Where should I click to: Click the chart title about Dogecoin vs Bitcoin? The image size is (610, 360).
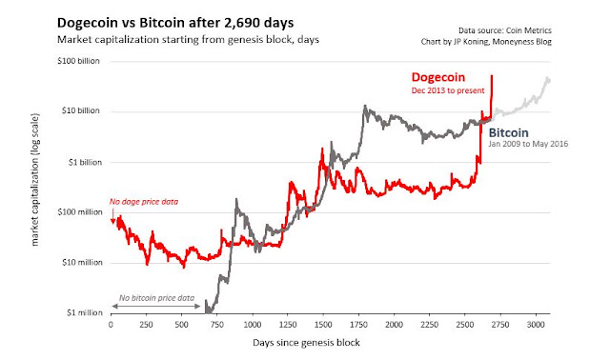[175, 23]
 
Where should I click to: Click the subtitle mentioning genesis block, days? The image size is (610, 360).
[188, 40]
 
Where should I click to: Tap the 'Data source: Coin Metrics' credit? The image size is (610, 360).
[504, 30]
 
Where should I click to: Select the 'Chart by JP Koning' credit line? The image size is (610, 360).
[486, 42]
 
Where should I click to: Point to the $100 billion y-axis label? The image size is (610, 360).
[78, 61]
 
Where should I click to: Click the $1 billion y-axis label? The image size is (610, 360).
[85, 163]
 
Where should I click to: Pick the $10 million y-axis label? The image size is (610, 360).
[82, 263]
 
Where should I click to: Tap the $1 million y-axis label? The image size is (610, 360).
[85, 312]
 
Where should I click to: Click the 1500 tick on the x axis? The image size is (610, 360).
[323, 325]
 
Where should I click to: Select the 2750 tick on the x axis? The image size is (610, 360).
[499, 325]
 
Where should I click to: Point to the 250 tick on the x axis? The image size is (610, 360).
[146, 325]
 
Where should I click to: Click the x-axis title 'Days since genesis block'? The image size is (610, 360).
[306, 343]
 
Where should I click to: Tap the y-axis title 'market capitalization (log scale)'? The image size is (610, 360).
[35, 180]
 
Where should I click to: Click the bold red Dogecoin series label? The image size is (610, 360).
[438, 77]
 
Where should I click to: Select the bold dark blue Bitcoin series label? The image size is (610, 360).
[508, 133]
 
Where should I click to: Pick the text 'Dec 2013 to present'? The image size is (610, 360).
[448, 90]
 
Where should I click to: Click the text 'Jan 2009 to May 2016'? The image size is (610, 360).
[528, 144]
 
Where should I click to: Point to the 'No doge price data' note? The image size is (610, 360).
[144, 202]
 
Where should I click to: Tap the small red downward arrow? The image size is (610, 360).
[112, 216]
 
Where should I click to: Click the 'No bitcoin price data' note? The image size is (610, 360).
[156, 298]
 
